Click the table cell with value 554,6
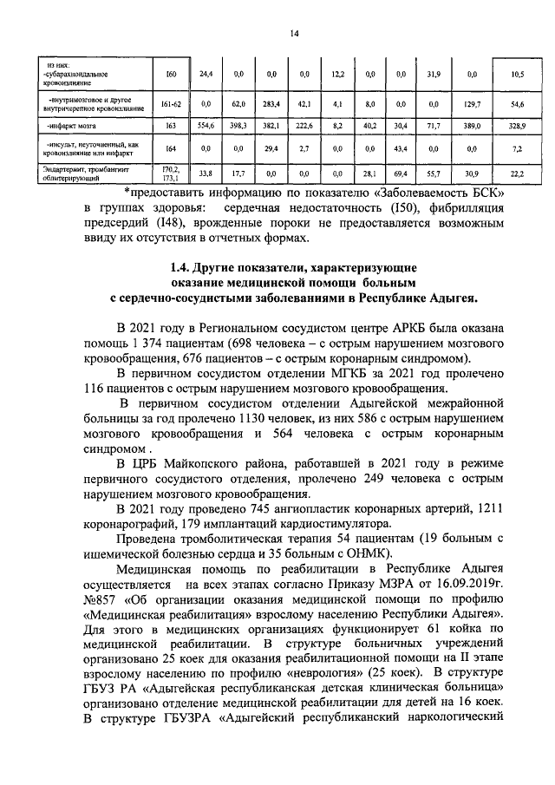pos(206,125)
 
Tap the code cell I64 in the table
pos(171,149)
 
